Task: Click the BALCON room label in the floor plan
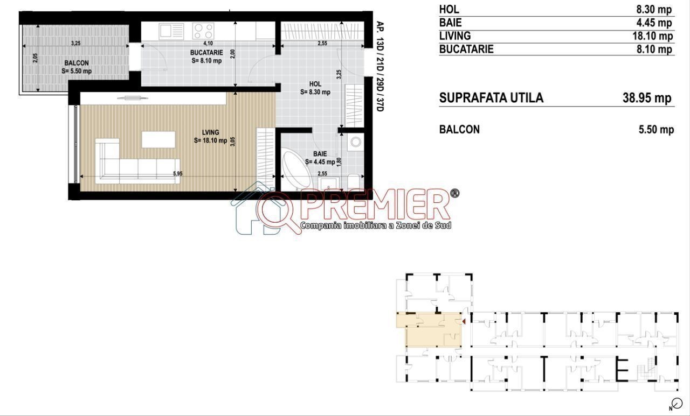click(77, 63)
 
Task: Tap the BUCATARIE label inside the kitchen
click(206, 53)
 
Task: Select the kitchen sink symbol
click(171, 31)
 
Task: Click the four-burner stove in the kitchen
click(203, 31)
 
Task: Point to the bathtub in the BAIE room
click(297, 168)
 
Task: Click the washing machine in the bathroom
click(356, 142)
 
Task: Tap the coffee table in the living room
click(158, 139)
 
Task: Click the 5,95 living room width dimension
click(178, 174)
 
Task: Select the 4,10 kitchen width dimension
click(208, 44)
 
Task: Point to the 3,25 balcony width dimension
click(76, 44)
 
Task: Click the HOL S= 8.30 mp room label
click(315, 88)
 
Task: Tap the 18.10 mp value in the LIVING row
click(652, 36)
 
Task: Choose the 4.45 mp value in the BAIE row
click(654, 23)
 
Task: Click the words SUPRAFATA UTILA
click(491, 98)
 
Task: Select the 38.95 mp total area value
click(647, 98)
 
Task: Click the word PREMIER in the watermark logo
click(375, 205)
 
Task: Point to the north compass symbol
click(677, 404)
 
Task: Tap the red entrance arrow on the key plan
click(464, 322)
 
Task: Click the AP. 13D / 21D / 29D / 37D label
click(380, 66)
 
